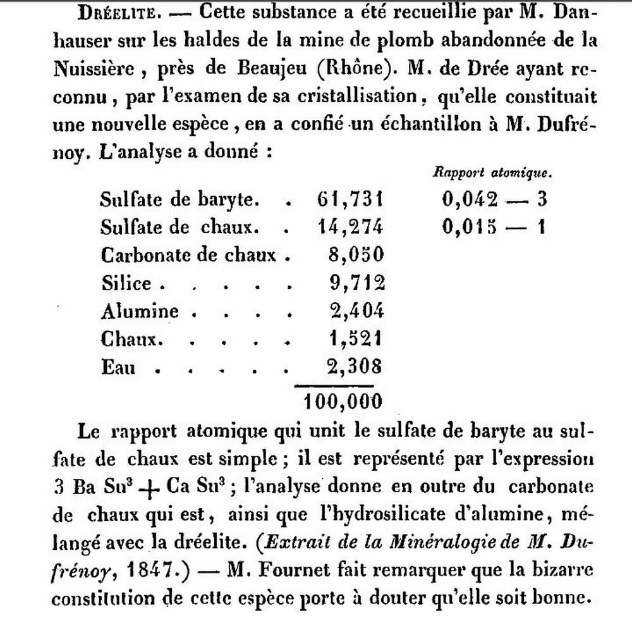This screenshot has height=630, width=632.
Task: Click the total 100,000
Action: tap(343, 400)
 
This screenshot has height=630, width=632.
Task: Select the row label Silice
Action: tap(126, 283)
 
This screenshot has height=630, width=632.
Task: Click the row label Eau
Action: tap(118, 366)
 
